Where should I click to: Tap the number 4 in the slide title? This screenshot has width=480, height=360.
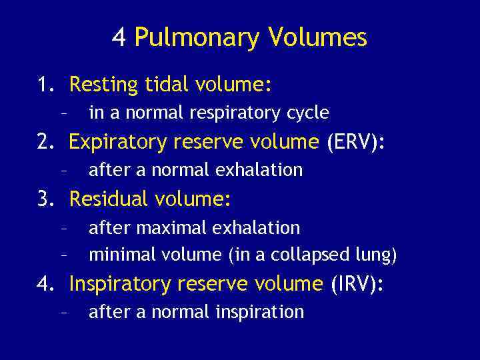[x=119, y=37]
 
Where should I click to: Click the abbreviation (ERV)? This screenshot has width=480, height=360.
[x=356, y=142]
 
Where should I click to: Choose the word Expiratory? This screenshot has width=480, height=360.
[x=118, y=143]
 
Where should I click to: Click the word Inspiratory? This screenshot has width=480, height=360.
[x=120, y=284]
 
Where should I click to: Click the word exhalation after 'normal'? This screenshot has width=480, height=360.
[x=261, y=170]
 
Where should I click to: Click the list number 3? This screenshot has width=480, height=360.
[x=45, y=199]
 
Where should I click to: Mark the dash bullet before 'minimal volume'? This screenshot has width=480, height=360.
[x=63, y=255]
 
